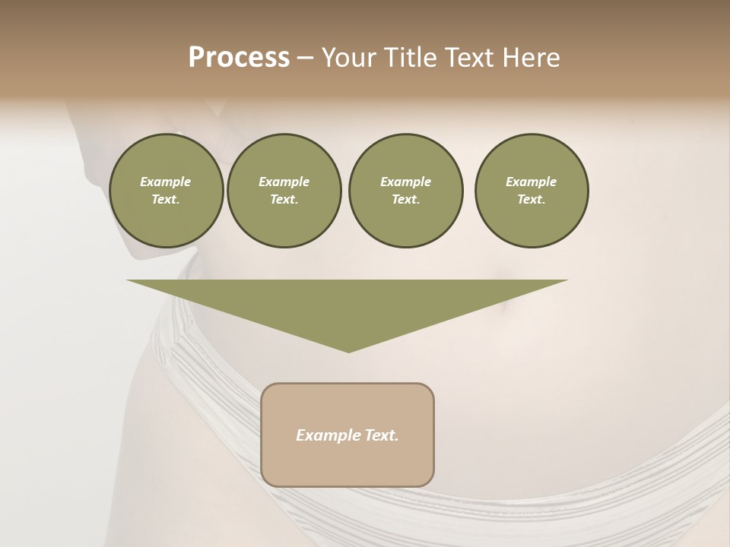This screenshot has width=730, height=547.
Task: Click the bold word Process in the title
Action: (239, 58)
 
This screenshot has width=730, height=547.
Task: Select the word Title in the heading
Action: (411, 58)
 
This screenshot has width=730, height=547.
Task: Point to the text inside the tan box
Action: (348, 435)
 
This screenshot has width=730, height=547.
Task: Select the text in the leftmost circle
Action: (166, 191)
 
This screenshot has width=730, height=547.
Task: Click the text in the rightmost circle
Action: (532, 191)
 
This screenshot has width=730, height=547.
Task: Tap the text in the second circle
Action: (284, 191)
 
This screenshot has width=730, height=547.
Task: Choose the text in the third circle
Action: (405, 191)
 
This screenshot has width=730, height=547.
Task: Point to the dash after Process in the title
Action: (305, 58)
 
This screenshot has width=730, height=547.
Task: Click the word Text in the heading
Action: (468, 58)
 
